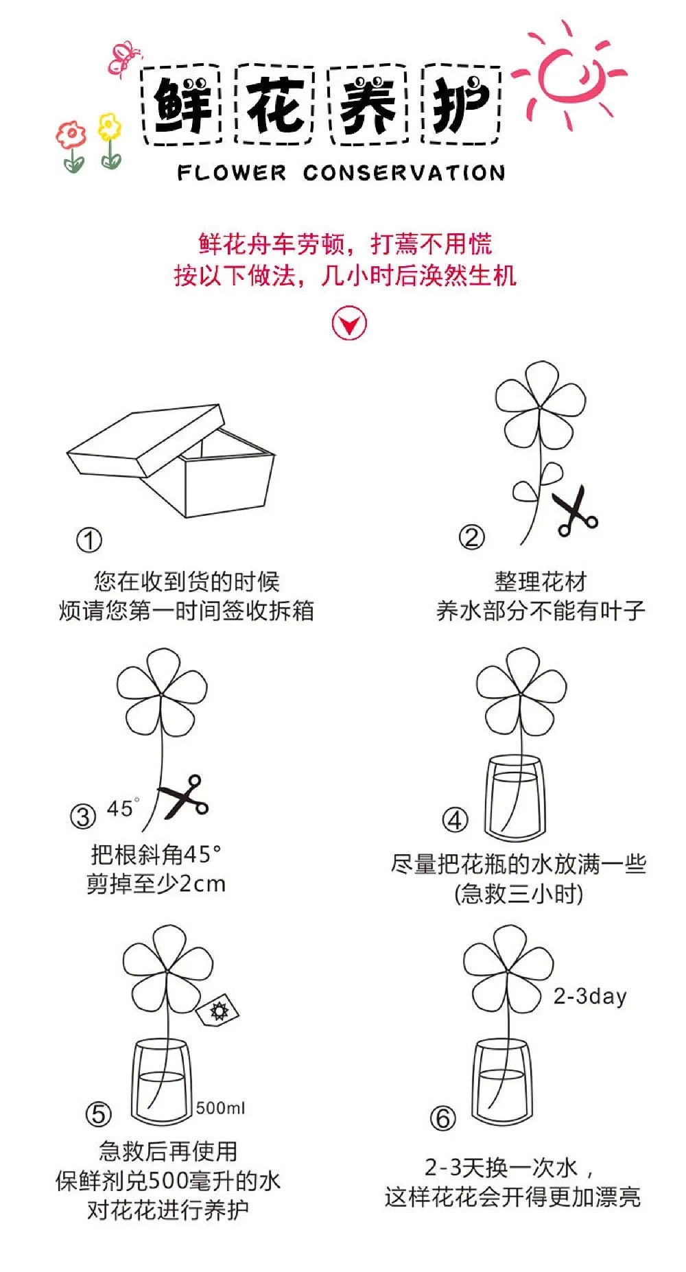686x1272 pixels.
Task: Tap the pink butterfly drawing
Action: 124,58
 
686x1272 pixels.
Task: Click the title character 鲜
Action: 182,104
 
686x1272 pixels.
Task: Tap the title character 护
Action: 461,104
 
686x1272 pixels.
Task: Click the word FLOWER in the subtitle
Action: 231,172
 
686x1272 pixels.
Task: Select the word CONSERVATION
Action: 404,172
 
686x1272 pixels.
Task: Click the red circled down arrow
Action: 350,324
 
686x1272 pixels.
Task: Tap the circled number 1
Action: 89,540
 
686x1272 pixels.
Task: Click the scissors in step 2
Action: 574,511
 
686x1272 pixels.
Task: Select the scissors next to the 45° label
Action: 184,797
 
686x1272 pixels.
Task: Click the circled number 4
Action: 455,820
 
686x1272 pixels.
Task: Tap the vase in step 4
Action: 516,799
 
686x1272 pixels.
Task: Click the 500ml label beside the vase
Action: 220,1108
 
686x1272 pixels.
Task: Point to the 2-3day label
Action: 590,996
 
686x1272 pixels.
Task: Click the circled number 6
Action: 442,1118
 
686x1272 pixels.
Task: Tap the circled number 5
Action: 98,1114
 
